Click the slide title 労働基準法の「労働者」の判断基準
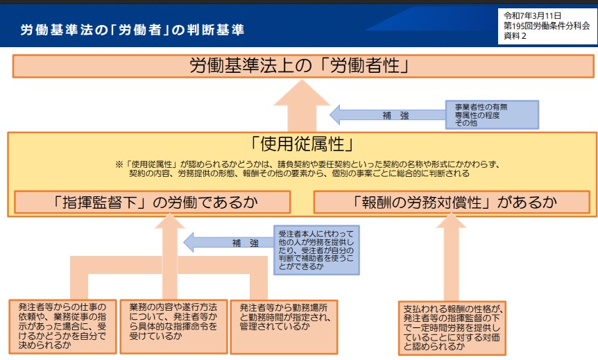pyautogui.click(x=132, y=31)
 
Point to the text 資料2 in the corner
pyautogui.click(x=515, y=35)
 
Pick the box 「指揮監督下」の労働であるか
pyautogui.click(x=153, y=202)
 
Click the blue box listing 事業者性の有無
pyautogui.click(x=491, y=115)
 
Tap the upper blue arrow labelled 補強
pyautogui.click(x=385, y=115)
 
